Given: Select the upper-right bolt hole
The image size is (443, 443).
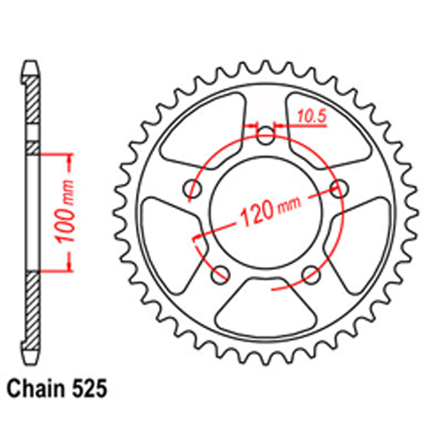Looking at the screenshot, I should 340,189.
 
